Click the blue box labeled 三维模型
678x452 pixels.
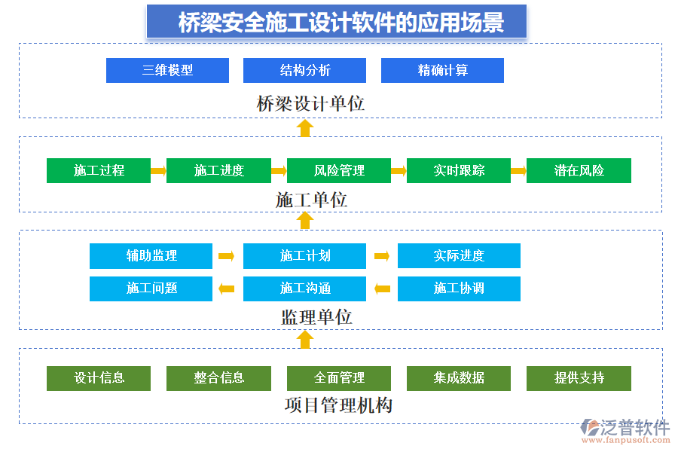tap(167, 70)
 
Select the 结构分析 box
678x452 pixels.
tap(304, 70)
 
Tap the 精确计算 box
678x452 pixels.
tap(442, 70)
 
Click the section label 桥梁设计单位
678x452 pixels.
tap(310, 103)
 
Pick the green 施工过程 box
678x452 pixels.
tap(99, 170)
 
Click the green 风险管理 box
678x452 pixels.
tap(339, 170)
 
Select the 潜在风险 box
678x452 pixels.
tap(579, 170)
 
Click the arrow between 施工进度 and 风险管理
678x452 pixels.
tap(279, 171)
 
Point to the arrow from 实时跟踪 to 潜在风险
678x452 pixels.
tap(518, 171)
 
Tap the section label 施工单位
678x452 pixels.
tap(311, 200)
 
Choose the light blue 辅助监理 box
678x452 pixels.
tap(151, 255)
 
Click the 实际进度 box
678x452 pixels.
tap(459, 255)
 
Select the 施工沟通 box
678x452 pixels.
tap(304, 289)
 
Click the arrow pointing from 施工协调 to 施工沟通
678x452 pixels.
tap(382, 289)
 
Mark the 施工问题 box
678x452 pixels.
tap(151, 289)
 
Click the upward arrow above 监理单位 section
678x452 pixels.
tap(304, 220)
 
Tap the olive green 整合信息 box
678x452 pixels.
tap(218, 378)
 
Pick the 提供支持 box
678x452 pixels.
tap(579, 378)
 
